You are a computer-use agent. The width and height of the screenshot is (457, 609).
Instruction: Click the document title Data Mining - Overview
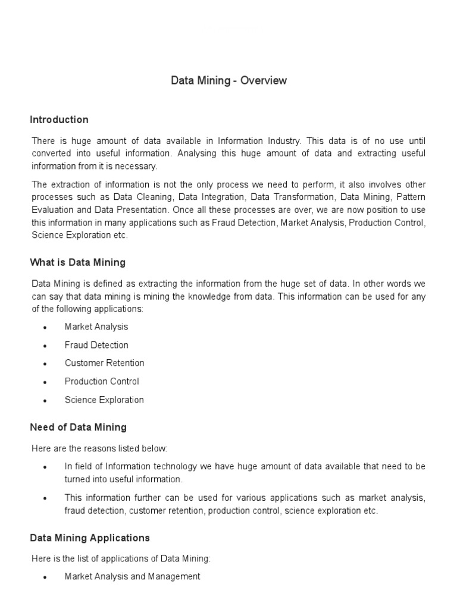(x=228, y=80)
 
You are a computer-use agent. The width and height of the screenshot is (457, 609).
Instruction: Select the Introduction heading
(x=59, y=120)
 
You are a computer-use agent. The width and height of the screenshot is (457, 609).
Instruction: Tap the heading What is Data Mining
(x=77, y=262)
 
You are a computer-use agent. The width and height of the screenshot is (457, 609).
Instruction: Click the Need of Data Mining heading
(x=78, y=427)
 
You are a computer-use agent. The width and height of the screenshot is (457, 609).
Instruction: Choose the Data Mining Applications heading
(x=89, y=538)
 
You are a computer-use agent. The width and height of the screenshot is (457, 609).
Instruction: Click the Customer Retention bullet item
(x=104, y=363)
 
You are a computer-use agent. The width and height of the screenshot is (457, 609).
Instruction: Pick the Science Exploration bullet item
(x=104, y=400)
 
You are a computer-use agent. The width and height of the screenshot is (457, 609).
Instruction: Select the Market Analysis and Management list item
(x=132, y=576)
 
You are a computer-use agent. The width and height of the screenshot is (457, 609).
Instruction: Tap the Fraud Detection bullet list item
(x=96, y=345)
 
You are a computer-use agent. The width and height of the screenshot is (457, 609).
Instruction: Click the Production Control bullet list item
(x=102, y=381)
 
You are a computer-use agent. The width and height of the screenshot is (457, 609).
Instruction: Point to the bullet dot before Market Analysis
(x=45, y=328)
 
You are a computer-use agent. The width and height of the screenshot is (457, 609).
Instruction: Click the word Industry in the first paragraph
(x=283, y=141)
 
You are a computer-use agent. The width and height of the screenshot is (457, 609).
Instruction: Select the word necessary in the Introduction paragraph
(x=139, y=166)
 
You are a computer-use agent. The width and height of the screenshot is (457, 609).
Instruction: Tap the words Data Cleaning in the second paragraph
(x=141, y=196)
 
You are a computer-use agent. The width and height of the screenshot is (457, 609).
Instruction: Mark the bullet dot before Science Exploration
(x=45, y=401)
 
